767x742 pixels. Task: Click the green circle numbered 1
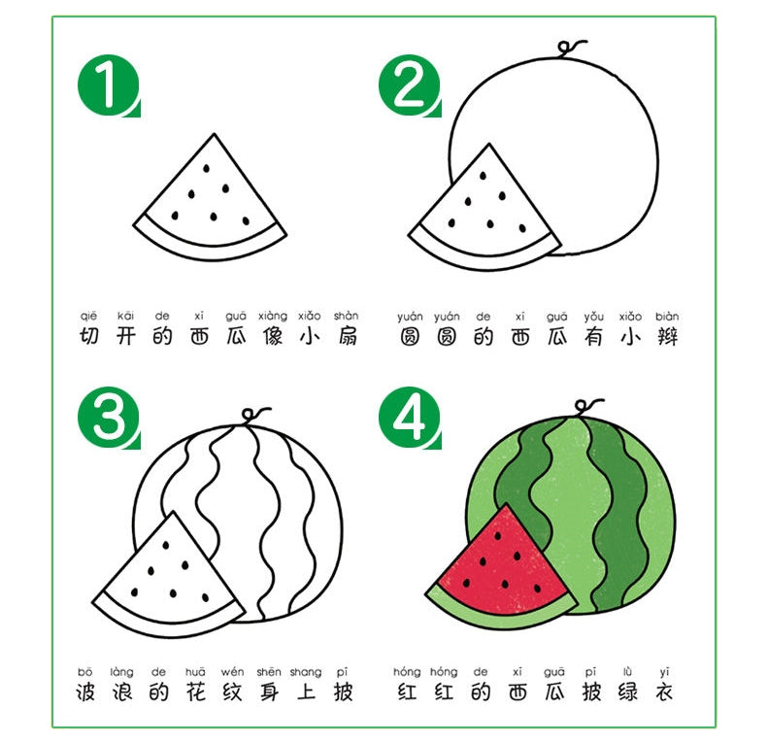pyautogui.click(x=108, y=85)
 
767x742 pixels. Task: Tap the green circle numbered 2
pyautogui.click(x=410, y=85)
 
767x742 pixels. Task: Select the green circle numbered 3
pyautogui.click(x=108, y=418)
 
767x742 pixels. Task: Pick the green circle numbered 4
pyautogui.click(x=410, y=418)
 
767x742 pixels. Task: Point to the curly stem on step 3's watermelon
pyautogui.click(x=253, y=415)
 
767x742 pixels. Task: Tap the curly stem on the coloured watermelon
pyautogui.click(x=587, y=407)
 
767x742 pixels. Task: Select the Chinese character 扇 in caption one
pyautogui.click(x=347, y=337)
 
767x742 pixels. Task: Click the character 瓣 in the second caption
pyautogui.click(x=667, y=337)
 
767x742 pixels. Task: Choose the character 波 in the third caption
pyautogui.click(x=85, y=692)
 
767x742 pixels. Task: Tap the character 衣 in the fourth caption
pyautogui.click(x=664, y=692)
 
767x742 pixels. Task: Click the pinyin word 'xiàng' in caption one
pyautogui.click(x=273, y=317)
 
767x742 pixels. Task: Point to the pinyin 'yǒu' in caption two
pyautogui.click(x=593, y=317)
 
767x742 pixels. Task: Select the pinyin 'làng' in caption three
pyautogui.click(x=121, y=671)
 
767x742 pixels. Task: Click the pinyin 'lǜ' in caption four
pyautogui.click(x=627, y=671)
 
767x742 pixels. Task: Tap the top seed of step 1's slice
pyautogui.click(x=207, y=168)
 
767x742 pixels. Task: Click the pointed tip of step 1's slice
pyautogui.click(x=214, y=134)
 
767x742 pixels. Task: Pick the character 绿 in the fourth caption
pyautogui.click(x=627, y=692)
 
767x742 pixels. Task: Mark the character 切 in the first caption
pyautogui.click(x=89, y=337)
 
